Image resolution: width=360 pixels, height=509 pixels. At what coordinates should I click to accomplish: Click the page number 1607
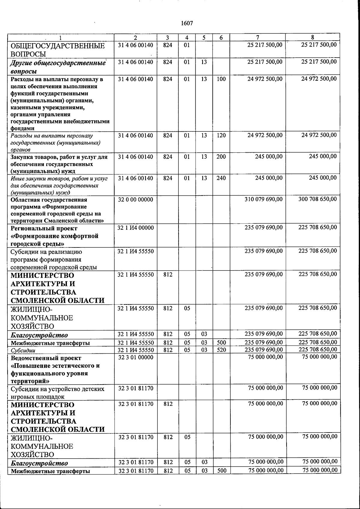click(x=187, y=23)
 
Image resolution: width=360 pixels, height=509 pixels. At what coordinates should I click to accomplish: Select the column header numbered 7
click(x=257, y=37)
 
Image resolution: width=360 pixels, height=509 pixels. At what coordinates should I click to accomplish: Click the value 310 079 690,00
click(x=264, y=199)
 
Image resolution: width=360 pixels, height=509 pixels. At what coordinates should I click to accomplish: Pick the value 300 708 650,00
click(x=318, y=199)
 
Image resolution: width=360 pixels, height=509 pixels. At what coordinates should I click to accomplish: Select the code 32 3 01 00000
click(x=136, y=357)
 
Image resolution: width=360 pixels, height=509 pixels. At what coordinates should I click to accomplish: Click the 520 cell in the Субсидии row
click(x=221, y=350)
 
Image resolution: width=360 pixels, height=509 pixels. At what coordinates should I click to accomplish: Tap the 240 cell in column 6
click(x=221, y=178)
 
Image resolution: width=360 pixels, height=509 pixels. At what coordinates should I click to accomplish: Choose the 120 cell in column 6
click(x=221, y=135)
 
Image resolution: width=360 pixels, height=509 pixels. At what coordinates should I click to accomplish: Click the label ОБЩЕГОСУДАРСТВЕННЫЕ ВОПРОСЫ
click(x=57, y=50)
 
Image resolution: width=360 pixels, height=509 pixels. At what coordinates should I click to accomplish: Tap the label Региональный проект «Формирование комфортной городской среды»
click(x=54, y=236)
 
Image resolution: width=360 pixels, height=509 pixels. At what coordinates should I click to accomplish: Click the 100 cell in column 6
click(x=221, y=79)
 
